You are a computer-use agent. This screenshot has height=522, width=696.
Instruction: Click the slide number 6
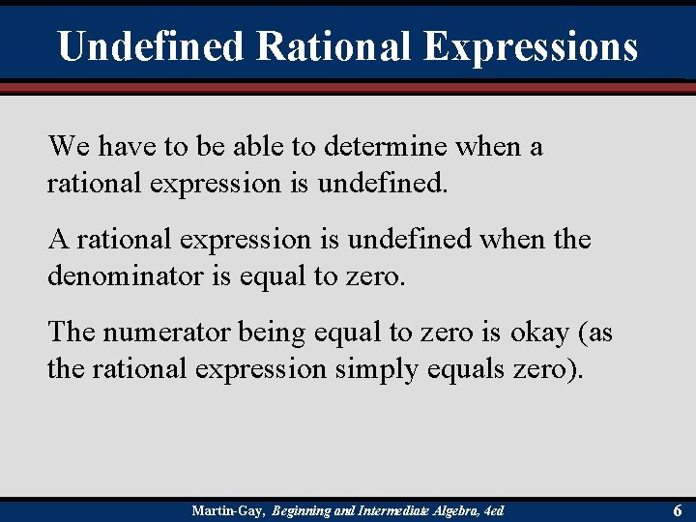pyautogui.click(x=678, y=509)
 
